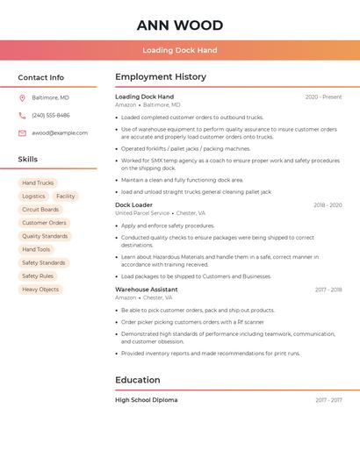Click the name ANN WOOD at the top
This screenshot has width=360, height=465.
(x=179, y=25)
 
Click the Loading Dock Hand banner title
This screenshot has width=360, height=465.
(x=179, y=50)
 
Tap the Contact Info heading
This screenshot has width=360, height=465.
(x=41, y=77)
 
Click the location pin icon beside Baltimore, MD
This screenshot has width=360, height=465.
(x=22, y=97)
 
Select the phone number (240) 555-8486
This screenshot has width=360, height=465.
(x=51, y=115)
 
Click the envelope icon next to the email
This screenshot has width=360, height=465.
(x=22, y=133)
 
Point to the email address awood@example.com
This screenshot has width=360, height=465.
(x=60, y=133)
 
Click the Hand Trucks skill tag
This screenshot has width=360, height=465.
(x=38, y=183)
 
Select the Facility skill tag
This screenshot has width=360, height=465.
(x=66, y=197)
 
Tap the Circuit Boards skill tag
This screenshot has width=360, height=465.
(x=40, y=210)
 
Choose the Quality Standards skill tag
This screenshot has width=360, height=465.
(x=45, y=236)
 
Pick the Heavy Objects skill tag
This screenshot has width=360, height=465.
(x=40, y=290)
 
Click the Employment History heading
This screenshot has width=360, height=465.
(x=161, y=77)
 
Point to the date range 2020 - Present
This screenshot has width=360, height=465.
(x=323, y=97)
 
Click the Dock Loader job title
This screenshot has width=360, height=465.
(x=133, y=205)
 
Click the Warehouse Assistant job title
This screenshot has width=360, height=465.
(x=147, y=290)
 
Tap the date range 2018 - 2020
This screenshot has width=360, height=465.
(x=328, y=205)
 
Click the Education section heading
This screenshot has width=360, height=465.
(x=138, y=380)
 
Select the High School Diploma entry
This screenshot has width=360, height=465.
(x=147, y=400)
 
